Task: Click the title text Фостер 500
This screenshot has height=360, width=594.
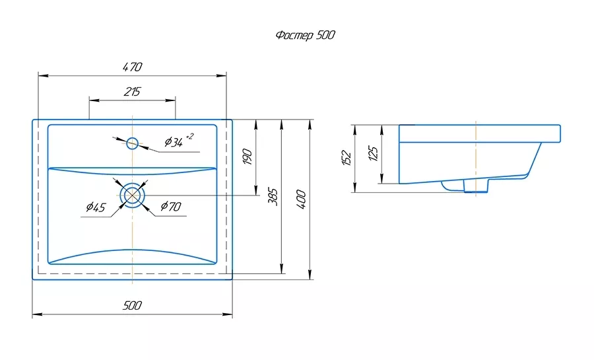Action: tap(306, 35)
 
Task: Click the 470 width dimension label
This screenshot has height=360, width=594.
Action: tap(133, 67)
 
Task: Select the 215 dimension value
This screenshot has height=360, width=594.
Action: tap(132, 92)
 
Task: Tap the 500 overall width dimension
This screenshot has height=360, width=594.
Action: tap(132, 305)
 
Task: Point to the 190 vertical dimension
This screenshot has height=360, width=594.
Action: tap(247, 157)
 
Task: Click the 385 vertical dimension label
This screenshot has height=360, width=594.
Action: tap(273, 196)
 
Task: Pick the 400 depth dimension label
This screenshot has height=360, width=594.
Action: tap(301, 199)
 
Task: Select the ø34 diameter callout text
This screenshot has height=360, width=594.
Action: tap(174, 142)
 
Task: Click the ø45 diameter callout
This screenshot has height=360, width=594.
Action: tap(96, 207)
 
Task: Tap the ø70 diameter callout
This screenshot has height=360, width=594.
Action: tap(171, 207)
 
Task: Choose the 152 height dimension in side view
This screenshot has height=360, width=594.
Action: tap(346, 158)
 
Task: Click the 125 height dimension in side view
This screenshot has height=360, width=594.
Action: tap(373, 153)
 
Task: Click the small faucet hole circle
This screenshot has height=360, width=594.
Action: tap(132, 143)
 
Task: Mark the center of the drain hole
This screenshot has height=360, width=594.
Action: tap(132, 195)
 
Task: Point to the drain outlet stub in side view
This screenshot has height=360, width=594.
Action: tap(476, 186)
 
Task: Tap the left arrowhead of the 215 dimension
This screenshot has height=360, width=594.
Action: tap(94, 100)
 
